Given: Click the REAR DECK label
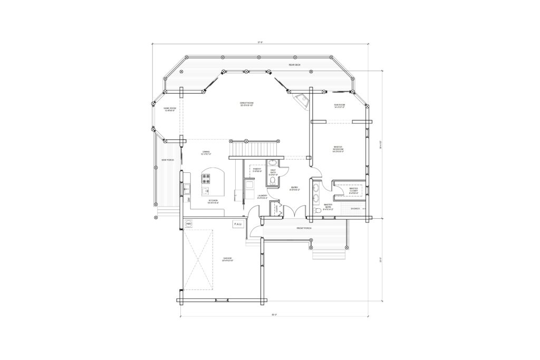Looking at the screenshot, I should (x=294, y=65).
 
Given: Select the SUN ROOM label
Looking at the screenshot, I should (x=339, y=106).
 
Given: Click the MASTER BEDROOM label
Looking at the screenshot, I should (x=338, y=149).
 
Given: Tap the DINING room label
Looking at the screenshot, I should (x=206, y=153).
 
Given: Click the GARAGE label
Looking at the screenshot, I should (x=227, y=259).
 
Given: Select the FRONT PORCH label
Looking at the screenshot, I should (x=304, y=228).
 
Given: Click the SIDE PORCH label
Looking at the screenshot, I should (x=168, y=160).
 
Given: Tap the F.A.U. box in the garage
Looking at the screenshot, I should (x=237, y=225).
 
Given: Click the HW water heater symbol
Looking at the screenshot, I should (x=188, y=225).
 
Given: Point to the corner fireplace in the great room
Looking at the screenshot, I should (x=302, y=101).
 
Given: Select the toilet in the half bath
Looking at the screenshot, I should (x=273, y=181).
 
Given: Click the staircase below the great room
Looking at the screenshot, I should (x=254, y=149).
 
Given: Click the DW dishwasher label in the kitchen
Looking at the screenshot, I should (x=188, y=200).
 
